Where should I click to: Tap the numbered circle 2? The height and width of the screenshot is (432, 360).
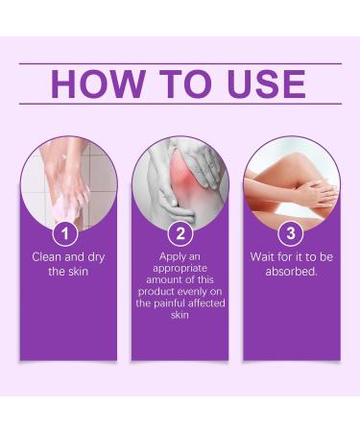tap(180, 232)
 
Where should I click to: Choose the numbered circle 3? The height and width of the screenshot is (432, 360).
tap(291, 232)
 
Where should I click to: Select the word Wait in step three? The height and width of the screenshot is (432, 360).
tap(264, 257)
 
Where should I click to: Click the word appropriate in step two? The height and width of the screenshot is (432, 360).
tap(180, 269)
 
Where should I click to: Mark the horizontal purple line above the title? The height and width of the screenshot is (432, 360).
tap(180, 63)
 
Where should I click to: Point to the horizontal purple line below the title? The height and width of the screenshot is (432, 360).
tap(180, 104)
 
